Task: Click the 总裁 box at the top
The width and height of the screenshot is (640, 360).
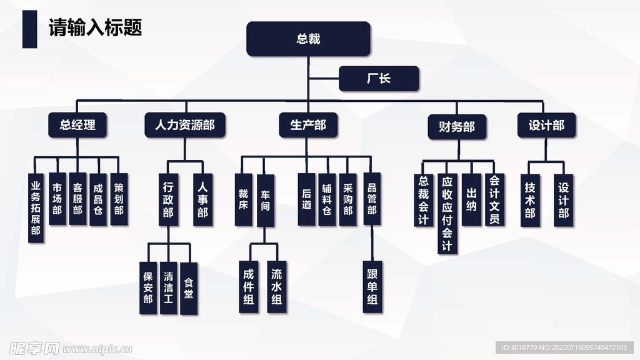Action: (308, 39)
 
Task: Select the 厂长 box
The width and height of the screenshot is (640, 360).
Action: (378, 79)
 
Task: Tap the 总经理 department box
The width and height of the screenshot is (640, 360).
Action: (78, 125)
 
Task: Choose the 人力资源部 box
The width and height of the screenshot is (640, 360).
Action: (184, 125)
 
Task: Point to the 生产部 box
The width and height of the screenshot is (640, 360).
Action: (307, 125)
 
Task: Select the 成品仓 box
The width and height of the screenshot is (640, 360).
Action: (97, 199)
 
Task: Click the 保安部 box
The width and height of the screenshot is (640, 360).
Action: (148, 287)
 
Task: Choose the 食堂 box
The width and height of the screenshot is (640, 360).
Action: (188, 287)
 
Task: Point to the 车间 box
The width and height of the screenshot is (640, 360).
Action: (265, 200)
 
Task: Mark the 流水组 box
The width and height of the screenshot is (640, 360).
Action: (276, 286)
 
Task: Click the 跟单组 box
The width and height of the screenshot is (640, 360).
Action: (372, 286)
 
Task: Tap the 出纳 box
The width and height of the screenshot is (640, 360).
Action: (471, 199)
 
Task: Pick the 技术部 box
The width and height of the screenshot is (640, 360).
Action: (530, 200)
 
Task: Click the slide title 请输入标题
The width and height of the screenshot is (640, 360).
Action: (95, 28)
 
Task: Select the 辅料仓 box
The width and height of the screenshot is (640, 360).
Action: (327, 199)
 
